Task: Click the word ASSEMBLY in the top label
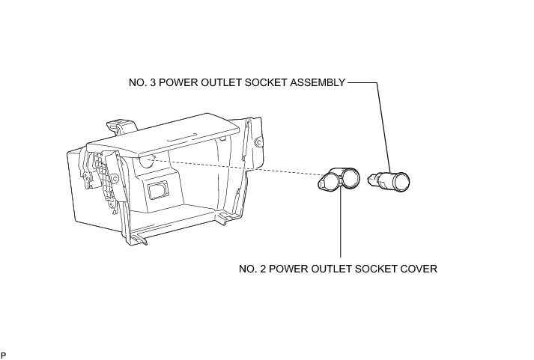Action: (x=318, y=83)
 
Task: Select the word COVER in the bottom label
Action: (x=419, y=267)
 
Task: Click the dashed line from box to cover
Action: (x=240, y=168)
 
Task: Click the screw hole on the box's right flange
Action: (x=259, y=141)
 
